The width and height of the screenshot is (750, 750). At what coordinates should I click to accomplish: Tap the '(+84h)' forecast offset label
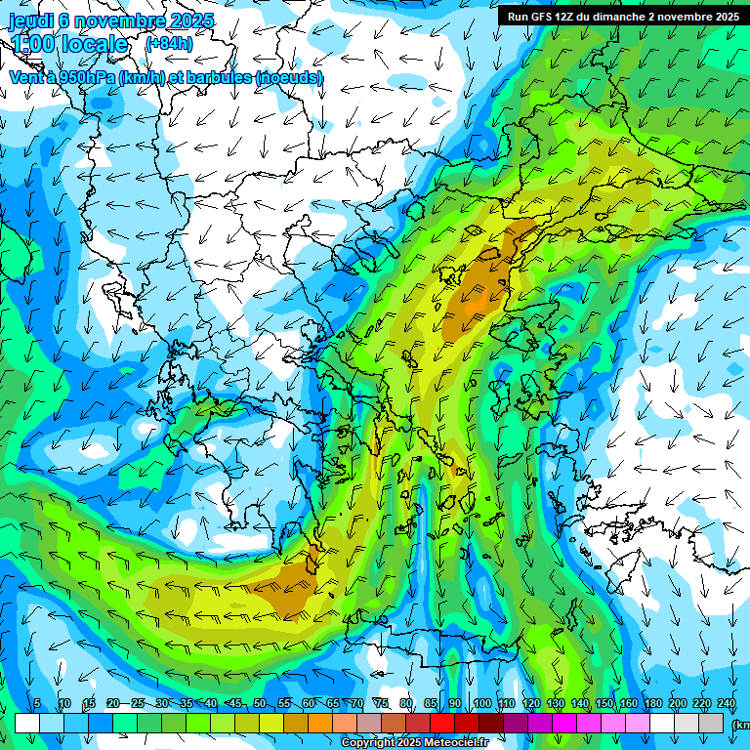coord(169,44)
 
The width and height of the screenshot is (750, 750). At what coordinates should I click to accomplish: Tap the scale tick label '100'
coord(482,704)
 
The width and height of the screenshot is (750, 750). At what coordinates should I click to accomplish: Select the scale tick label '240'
coord(727,704)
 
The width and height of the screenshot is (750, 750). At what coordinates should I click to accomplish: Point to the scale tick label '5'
coord(37,704)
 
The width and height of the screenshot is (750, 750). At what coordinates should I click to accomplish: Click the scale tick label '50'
coord(259,704)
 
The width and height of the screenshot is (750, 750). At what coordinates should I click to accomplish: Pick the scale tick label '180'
coord(653,704)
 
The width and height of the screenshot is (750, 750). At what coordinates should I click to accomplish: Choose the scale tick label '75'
coord(381,704)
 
